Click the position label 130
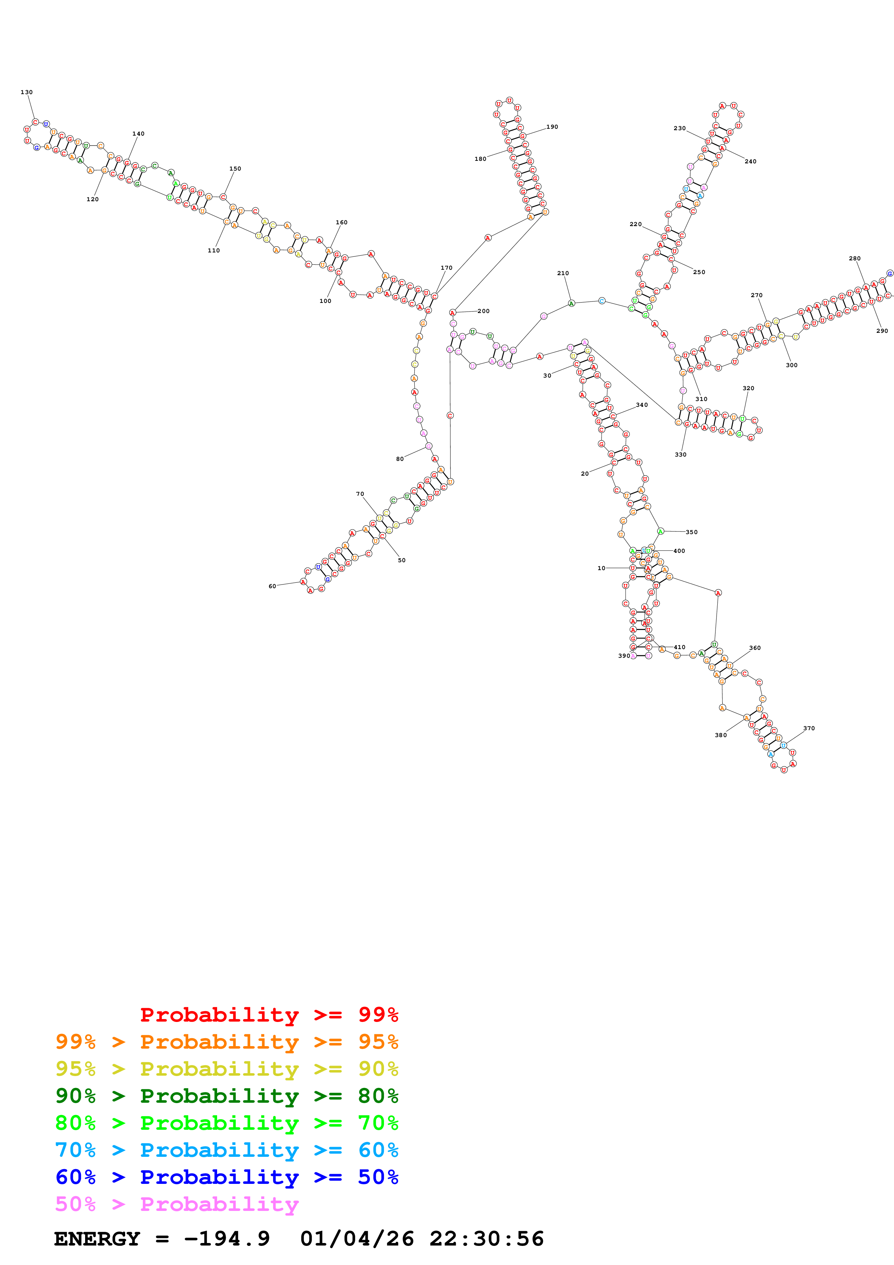coord(26,92)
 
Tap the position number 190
coord(552,127)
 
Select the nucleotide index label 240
coord(750,162)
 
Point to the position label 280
coord(854,259)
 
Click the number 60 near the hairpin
coord(272,586)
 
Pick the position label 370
coord(809,728)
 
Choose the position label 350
coord(691,532)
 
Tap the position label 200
coord(483,311)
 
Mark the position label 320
coord(748,388)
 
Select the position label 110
coord(214,251)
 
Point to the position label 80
coord(400,459)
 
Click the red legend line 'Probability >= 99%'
coord(269,1015)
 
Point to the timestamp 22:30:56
coord(486,1239)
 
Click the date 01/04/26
coord(357,1239)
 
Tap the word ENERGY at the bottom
coord(97,1239)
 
